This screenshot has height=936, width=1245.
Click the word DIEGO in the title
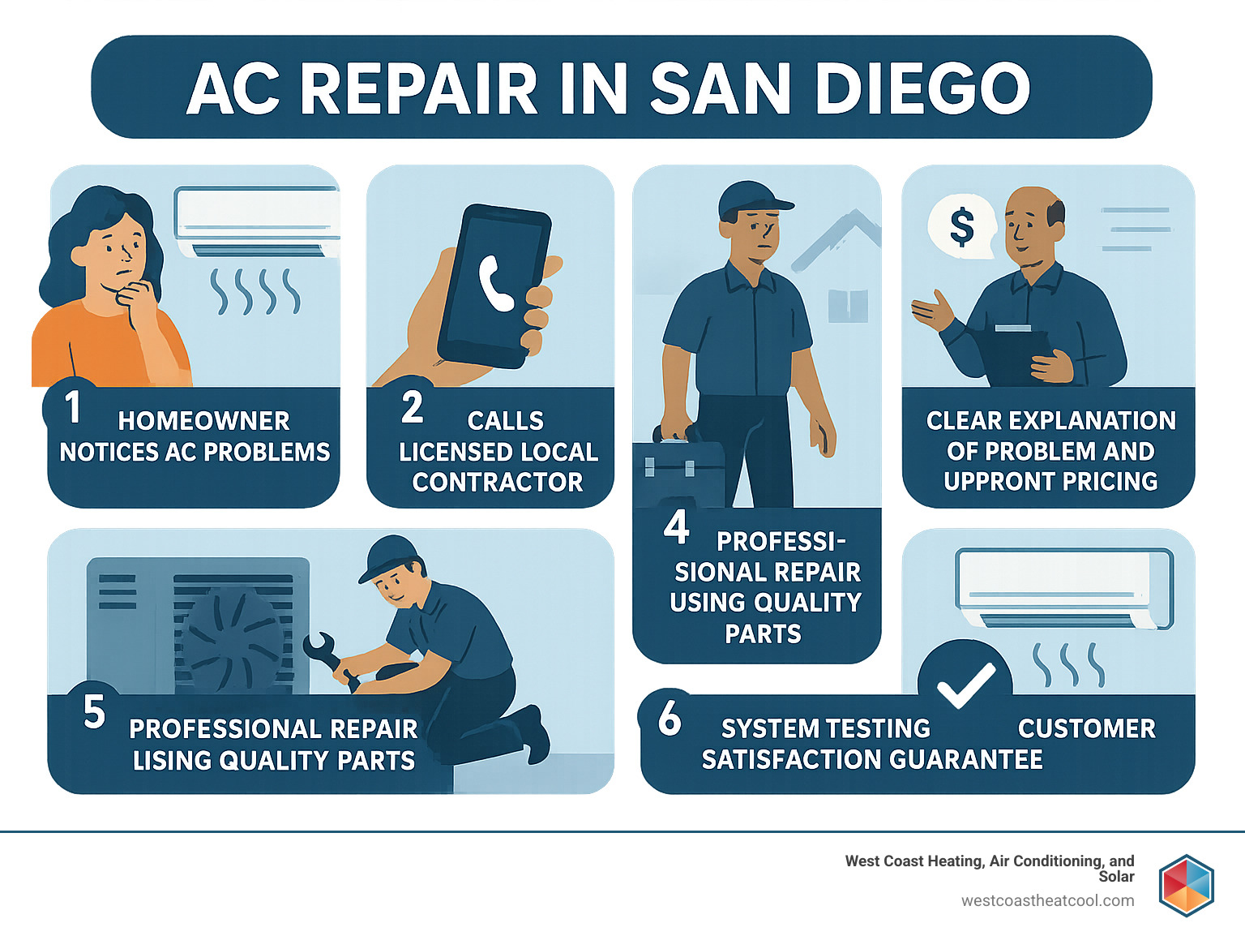click(922, 88)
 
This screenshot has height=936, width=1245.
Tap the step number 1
click(73, 407)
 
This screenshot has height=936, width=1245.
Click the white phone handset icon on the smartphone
click(495, 283)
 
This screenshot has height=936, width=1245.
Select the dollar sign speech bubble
click(962, 227)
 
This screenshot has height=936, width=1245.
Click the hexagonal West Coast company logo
click(1186, 885)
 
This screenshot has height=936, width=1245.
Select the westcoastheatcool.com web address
click(1047, 900)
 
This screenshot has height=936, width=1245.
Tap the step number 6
click(670, 718)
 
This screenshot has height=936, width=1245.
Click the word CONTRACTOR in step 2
click(498, 483)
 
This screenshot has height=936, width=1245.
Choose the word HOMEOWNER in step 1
click(203, 421)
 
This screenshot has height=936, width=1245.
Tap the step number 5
click(94, 712)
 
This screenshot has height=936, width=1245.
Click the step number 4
click(676, 528)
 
